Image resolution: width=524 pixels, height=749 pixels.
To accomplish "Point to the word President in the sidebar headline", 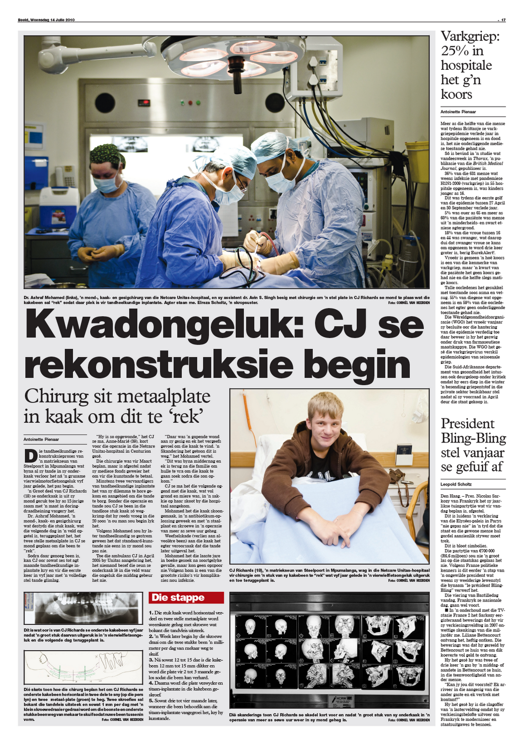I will click(467, 424).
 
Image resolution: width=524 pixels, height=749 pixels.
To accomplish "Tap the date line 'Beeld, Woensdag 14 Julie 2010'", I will click(46, 20).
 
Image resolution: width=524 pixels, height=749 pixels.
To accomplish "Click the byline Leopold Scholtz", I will click(456, 484).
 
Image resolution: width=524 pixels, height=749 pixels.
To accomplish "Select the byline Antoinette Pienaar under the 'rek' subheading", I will click(41, 440).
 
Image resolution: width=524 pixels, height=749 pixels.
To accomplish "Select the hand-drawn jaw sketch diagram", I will click(83, 668).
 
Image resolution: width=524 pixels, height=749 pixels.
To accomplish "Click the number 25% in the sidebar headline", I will click(456, 51).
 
